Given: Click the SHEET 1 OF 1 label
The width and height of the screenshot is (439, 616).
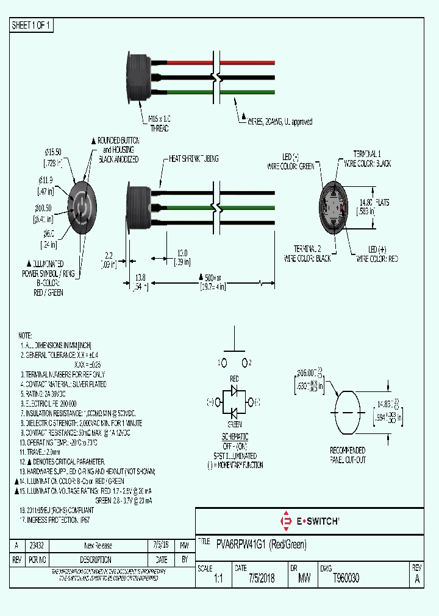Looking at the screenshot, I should point(32,26).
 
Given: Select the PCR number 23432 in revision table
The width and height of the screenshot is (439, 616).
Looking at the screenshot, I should point(37,545).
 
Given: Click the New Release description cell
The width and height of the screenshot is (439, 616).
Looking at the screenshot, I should point(98,545).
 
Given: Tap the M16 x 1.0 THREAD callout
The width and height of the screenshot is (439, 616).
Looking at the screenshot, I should point(159,125).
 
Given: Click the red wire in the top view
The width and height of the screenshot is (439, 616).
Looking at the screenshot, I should point(183,63).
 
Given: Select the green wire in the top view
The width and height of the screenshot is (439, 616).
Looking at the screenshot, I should point(183,92).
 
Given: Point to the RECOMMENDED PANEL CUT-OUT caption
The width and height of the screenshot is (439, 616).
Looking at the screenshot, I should point(348,455).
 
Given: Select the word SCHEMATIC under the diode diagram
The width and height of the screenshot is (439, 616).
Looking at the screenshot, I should point(235,437).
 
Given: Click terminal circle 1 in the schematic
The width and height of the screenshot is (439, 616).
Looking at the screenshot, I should point(224,362).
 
